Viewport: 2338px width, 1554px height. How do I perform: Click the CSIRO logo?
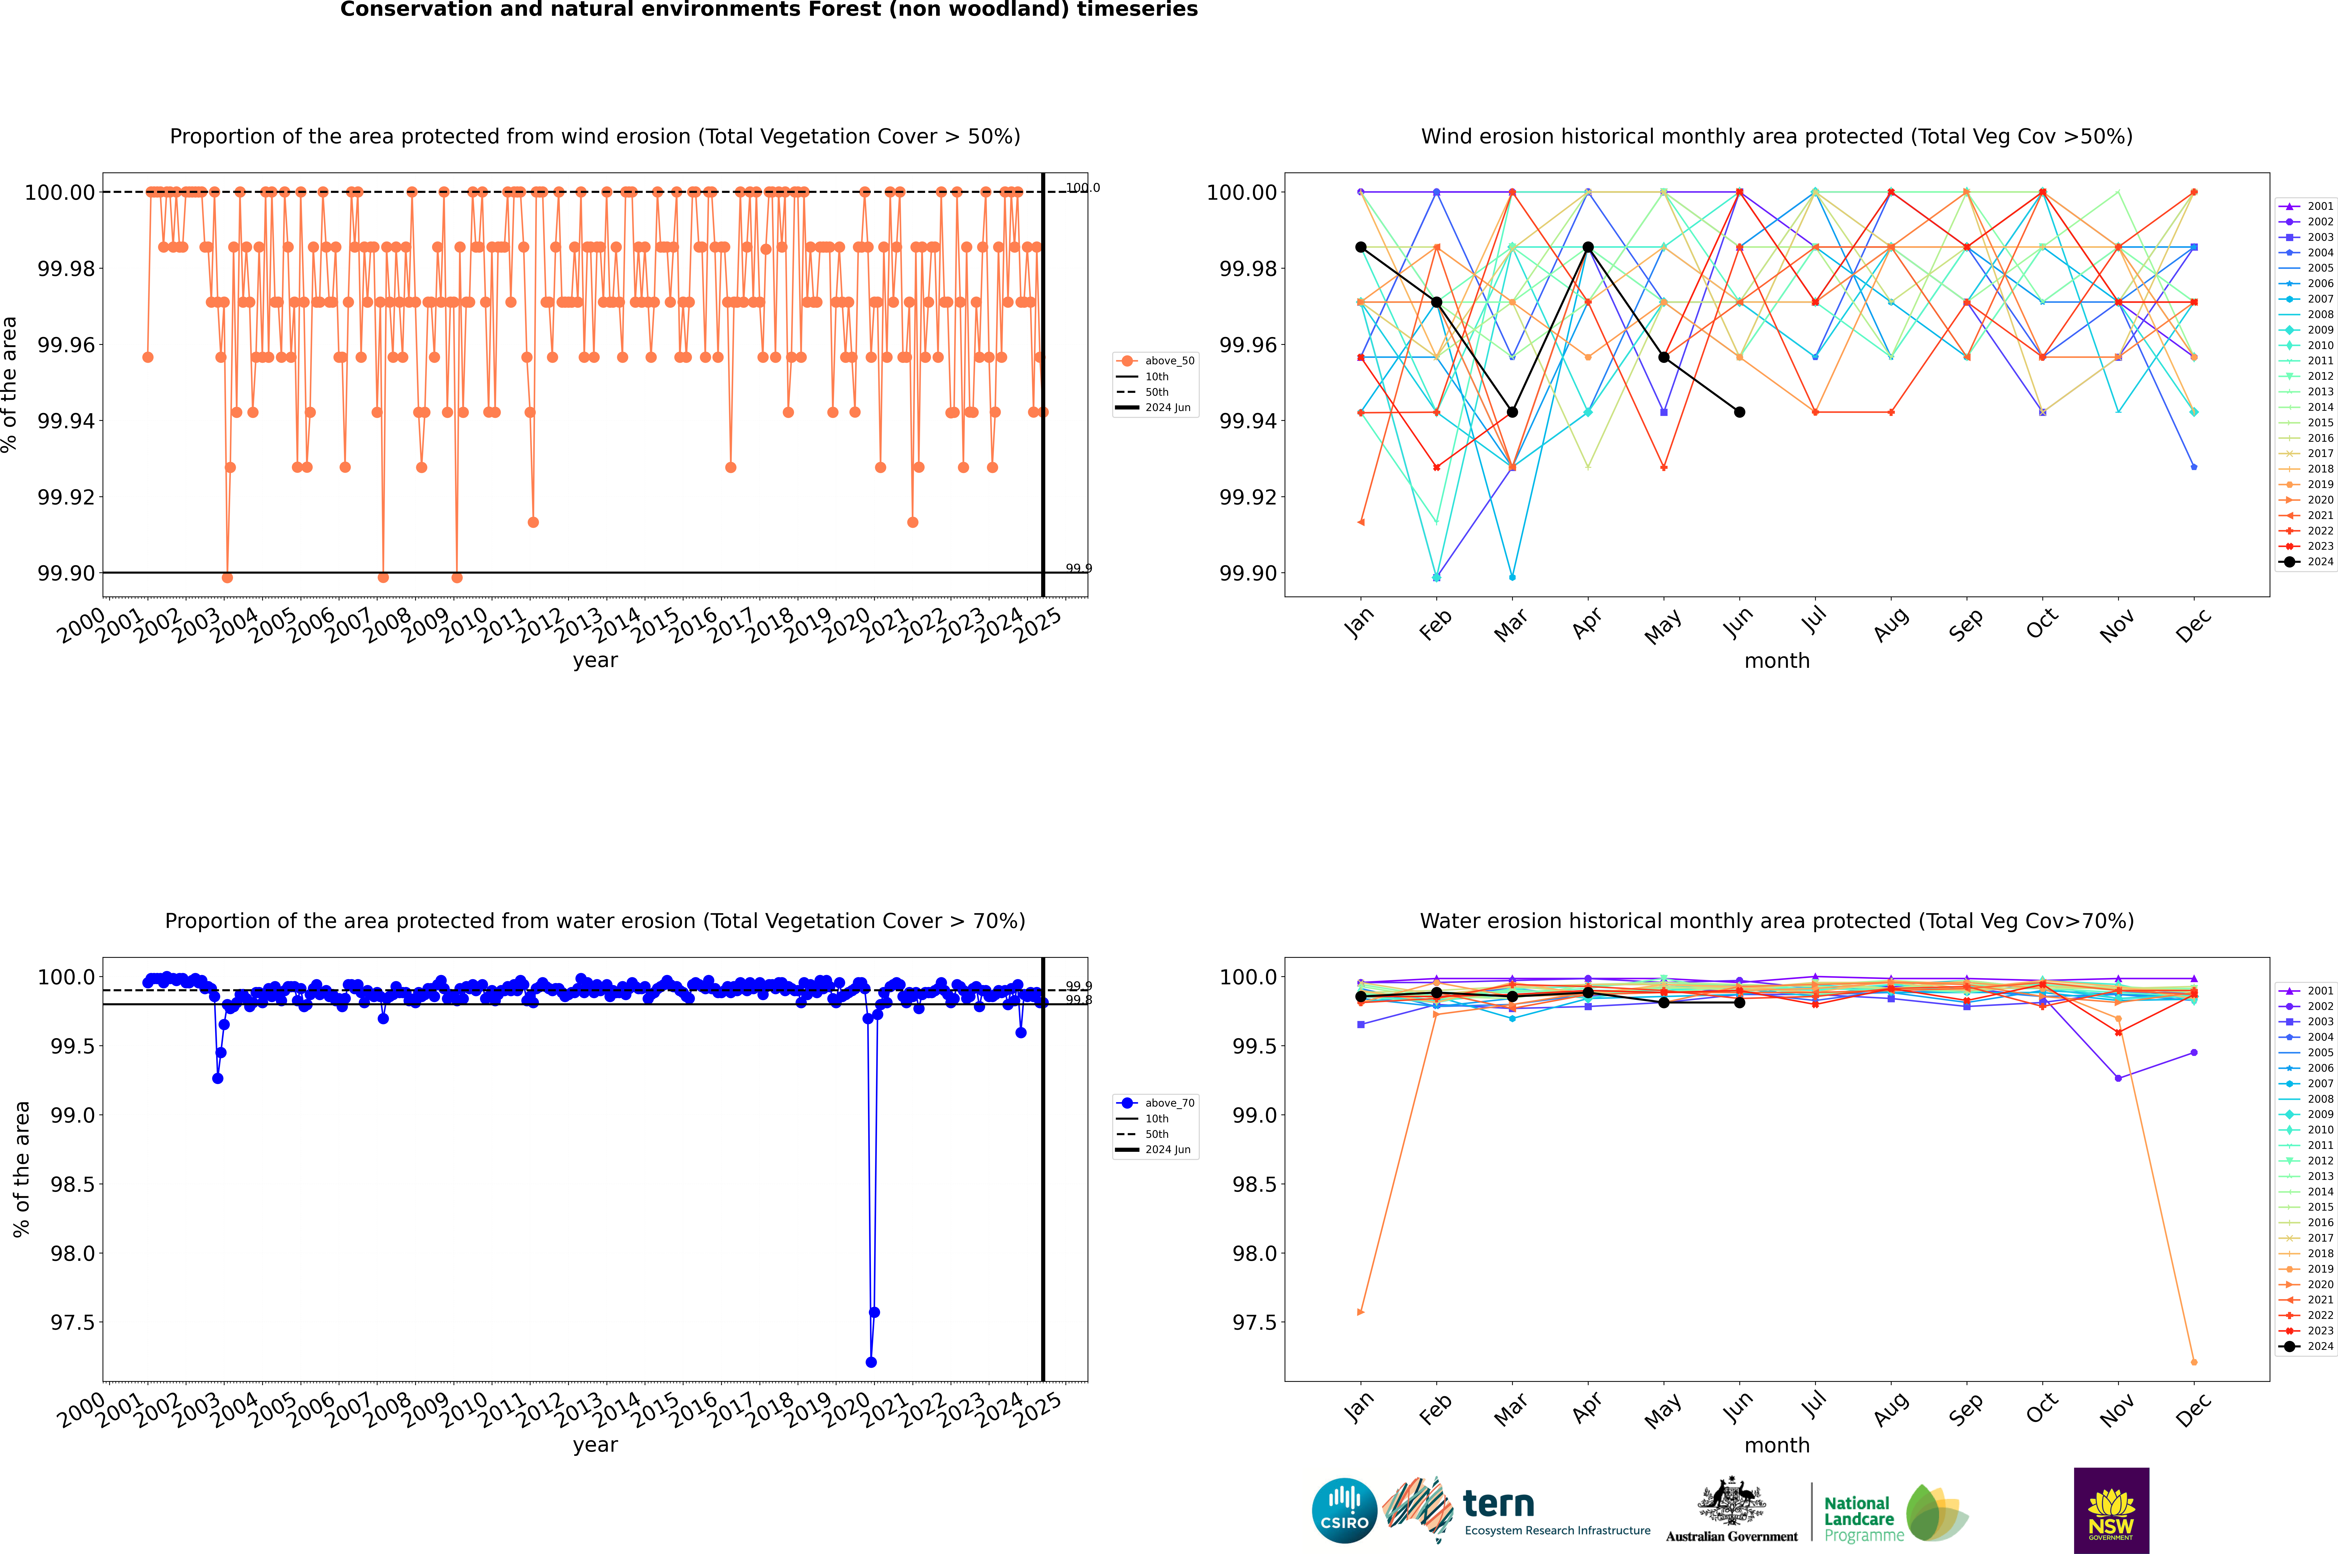point(1344,1510)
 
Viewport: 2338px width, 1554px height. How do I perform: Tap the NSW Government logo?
point(2111,1510)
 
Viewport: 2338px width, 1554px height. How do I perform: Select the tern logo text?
point(1499,1505)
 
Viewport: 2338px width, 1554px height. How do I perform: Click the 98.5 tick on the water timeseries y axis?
point(72,1184)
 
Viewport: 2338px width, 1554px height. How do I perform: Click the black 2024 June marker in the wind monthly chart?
point(1739,412)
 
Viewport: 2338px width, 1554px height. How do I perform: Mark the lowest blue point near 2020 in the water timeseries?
point(871,1362)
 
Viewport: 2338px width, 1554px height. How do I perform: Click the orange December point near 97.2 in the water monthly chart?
point(2193,1362)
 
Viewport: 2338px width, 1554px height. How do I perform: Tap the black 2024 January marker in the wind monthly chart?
point(1361,247)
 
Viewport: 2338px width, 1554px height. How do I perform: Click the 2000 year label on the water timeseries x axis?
point(81,1409)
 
